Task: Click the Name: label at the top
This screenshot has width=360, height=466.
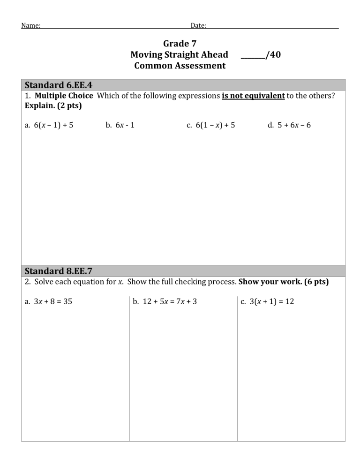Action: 30,25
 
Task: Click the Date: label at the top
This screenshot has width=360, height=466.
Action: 198,25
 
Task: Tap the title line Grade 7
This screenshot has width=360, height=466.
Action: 180,44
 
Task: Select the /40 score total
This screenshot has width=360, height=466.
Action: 273,55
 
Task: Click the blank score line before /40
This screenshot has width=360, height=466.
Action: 252,56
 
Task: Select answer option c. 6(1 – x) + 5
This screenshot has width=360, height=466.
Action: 210,125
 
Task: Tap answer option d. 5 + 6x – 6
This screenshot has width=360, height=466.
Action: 289,125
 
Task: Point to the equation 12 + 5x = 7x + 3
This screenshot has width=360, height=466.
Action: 165,301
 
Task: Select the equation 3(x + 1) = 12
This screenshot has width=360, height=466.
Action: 267,301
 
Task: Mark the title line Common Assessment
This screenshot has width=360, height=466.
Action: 180,66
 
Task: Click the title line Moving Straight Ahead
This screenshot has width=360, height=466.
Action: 180,55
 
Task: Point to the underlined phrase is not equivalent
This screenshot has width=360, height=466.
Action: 253,96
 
